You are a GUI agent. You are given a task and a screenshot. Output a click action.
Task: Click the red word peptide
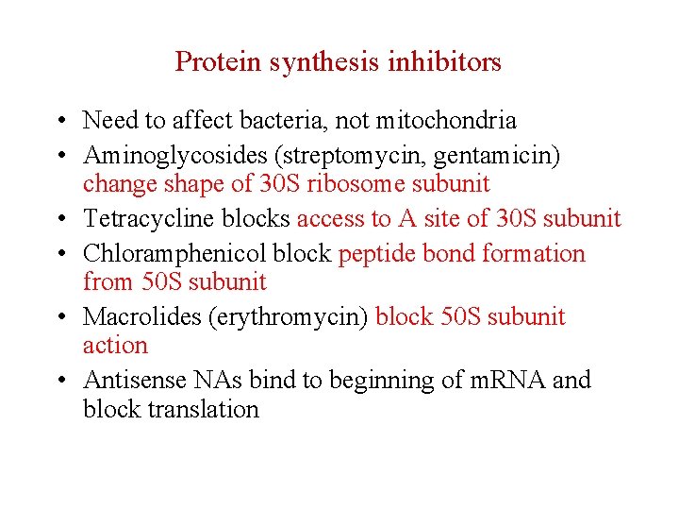378,253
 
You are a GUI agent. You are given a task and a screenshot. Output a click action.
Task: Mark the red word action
115,345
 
